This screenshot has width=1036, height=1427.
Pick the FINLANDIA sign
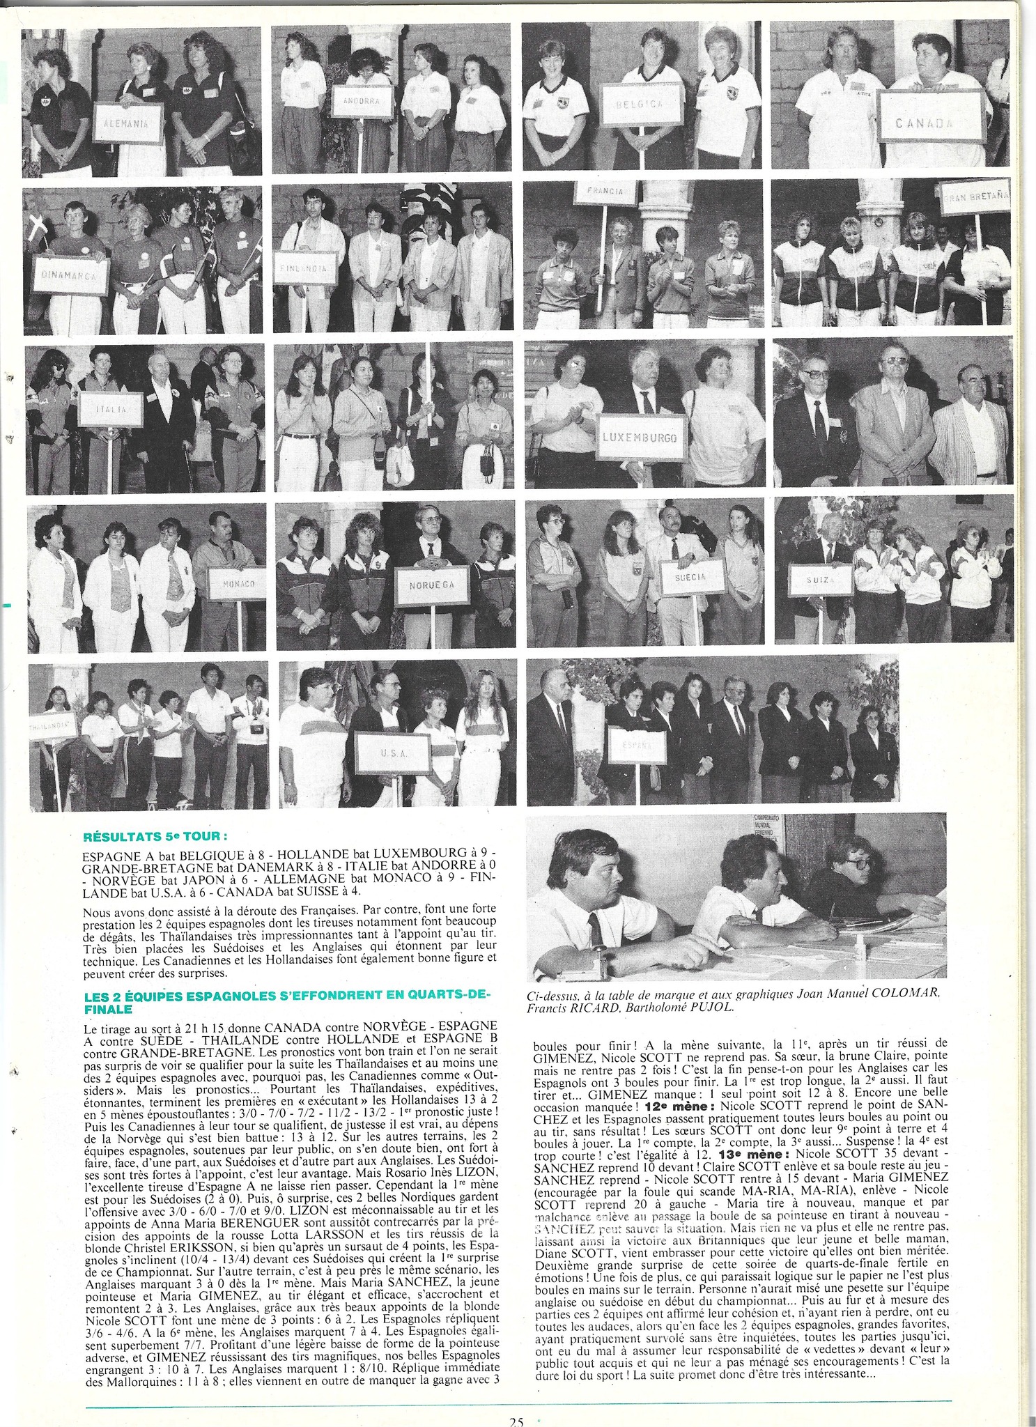click(306, 268)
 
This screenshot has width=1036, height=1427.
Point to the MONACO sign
click(237, 583)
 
